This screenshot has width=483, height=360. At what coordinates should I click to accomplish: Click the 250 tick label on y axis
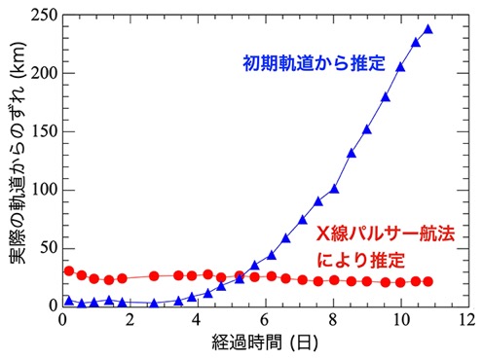click(44, 16)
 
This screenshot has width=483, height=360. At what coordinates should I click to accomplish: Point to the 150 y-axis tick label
click(44, 131)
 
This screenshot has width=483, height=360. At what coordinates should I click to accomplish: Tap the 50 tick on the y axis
click(49, 248)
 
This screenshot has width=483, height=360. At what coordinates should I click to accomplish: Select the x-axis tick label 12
click(466, 320)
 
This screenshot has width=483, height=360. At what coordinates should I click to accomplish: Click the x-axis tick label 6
click(265, 320)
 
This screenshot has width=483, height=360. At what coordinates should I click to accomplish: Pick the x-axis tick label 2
click(130, 320)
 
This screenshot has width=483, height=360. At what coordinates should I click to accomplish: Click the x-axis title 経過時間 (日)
click(265, 342)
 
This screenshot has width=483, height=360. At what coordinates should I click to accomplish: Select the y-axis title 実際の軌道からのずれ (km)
click(18, 153)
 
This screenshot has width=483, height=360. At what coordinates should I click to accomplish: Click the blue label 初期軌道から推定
click(315, 63)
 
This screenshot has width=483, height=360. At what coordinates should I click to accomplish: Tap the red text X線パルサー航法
click(386, 234)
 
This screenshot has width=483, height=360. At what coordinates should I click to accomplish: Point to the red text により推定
click(360, 260)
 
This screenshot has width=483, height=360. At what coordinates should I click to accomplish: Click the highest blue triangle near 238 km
click(428, 29)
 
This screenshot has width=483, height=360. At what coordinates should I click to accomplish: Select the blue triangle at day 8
click(334, 189)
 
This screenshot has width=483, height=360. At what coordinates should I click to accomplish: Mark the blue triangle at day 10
click(400, 67)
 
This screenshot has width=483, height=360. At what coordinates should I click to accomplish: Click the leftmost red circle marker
click(69, 270)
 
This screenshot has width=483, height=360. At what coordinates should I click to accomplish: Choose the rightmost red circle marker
click(428, 281)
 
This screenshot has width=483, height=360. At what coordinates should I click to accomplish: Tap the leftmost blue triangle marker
click(69, 301)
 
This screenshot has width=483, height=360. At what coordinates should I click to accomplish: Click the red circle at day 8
click(334, 280)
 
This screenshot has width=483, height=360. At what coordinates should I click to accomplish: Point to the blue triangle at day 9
click(367, 129)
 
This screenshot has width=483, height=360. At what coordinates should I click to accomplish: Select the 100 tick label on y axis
click(44, 190)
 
